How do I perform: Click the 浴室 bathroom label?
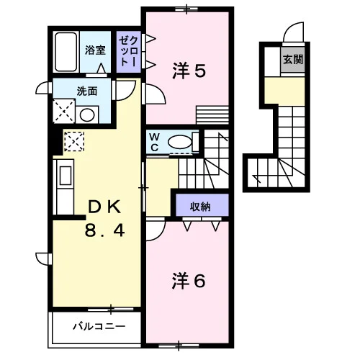(x=95, y=50)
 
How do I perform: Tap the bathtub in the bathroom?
(x=66, y=52)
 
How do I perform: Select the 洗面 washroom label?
(x=87, y=91)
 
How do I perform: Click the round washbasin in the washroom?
(x=87, y=114)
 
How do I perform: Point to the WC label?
(x=155, y=143)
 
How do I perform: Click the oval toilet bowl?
(x=180, y=142)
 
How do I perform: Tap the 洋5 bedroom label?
(x=189, y=71)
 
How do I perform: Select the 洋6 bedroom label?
(x=189, y=281)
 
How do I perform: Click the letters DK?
(x=104, y=207)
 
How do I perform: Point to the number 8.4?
(x=104, y=230)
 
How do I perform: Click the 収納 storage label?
(x=200, y=207)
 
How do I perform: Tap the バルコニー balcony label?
(x=99, y=326)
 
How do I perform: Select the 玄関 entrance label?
(x=293, y=59)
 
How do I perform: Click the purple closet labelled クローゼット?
(x=129, y=52)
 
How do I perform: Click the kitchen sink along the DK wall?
(x=66, y=176)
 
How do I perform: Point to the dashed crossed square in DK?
(x=74, y=141)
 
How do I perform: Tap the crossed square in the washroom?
(x=64, y=111)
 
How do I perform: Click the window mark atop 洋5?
(x=186, y=9)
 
